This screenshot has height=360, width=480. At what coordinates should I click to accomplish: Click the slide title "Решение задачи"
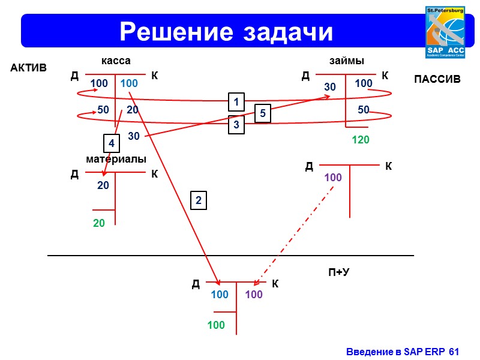point(226,31)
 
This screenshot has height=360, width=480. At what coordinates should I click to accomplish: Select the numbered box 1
point(236,102)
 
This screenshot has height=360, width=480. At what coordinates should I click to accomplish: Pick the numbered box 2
point(199,200)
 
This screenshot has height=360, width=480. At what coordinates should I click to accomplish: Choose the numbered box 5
point(263,113)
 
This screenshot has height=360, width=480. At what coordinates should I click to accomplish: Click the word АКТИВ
point(29,68)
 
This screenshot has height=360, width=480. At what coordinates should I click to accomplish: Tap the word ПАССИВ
point(437,79)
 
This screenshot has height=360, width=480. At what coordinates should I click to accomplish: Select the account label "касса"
point(115,61)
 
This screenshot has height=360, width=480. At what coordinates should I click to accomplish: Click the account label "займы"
point(347,61)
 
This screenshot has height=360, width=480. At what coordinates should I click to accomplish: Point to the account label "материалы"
point(116,159)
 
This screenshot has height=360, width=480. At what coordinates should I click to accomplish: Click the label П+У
point(338,272)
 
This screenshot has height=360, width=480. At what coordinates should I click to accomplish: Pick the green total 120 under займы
point(361,140)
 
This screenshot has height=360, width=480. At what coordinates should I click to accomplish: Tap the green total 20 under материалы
point(99,223)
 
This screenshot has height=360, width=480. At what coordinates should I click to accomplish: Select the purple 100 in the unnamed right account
point(333,178)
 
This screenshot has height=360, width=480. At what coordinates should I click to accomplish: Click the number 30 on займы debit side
point(330,88)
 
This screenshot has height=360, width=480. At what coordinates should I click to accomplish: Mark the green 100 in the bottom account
point(216,325)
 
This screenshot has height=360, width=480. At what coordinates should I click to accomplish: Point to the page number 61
point(454,351)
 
